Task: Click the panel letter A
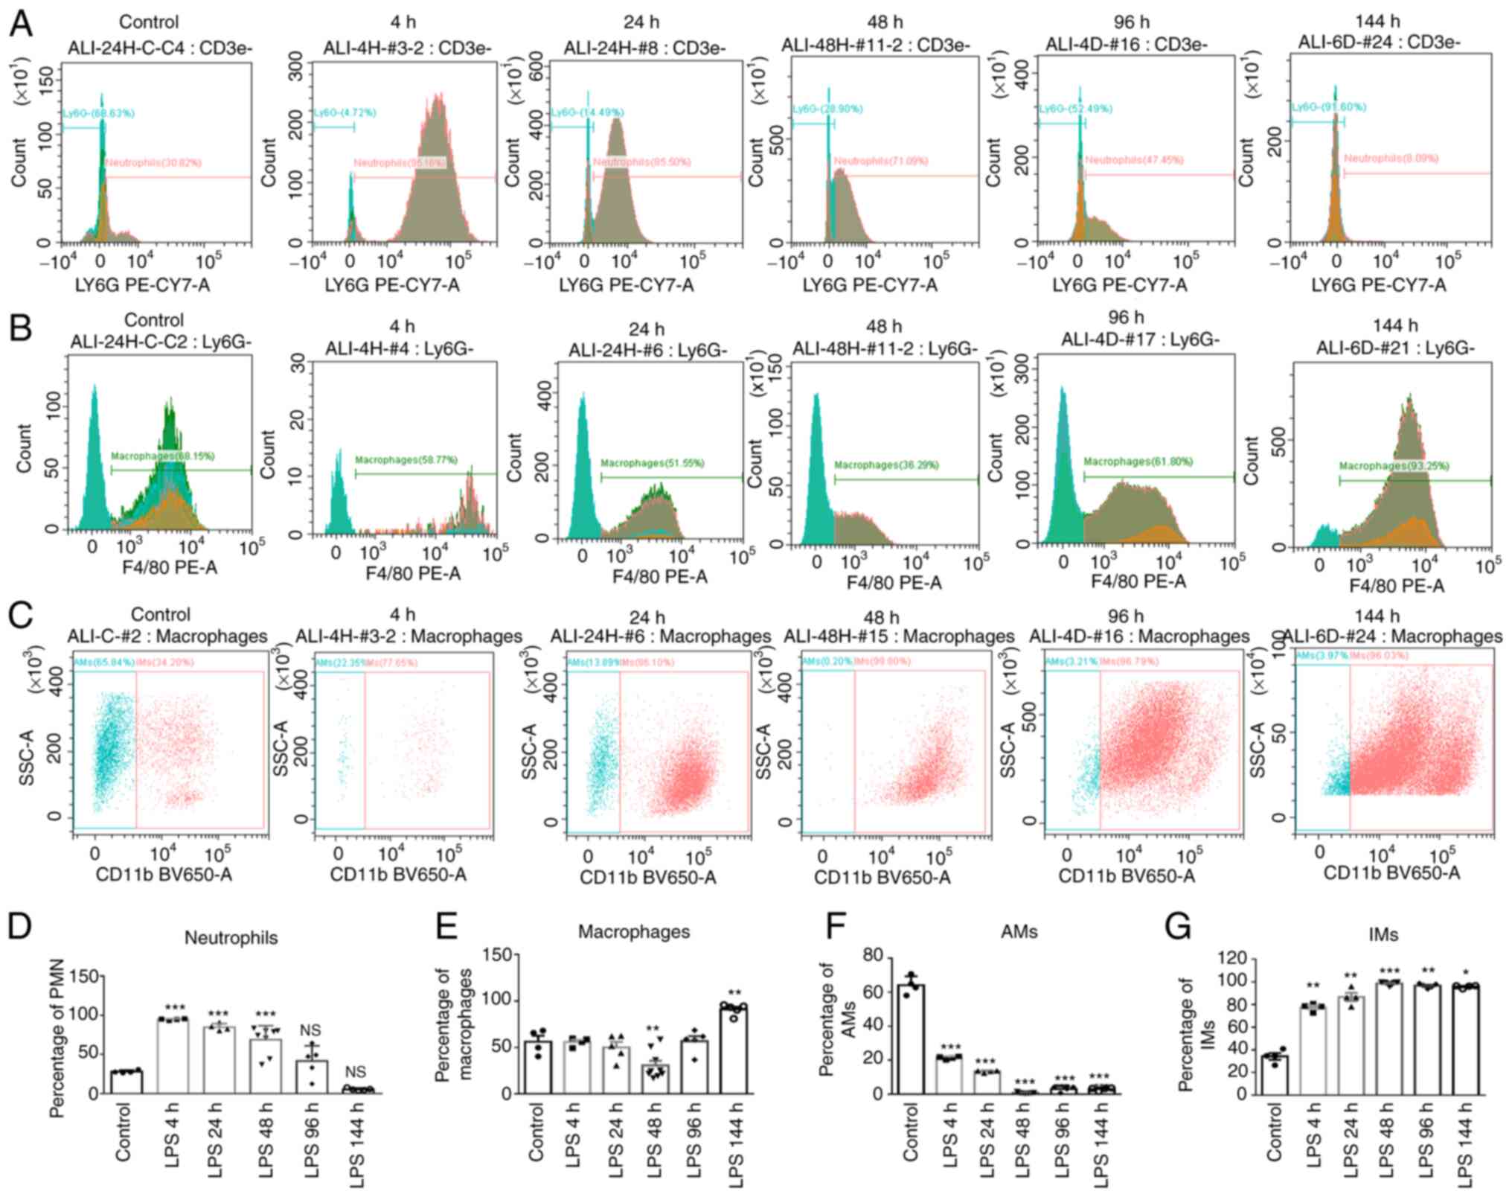[x=21, y=24]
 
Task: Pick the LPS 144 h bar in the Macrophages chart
[x=734, y=1050]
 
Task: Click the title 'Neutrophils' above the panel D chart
[x=231, y=937]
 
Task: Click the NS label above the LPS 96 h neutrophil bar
[x=310, y=1030]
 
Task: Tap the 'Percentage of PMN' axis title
[x=57, y=1036]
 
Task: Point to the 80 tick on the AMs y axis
[x=872, y=956]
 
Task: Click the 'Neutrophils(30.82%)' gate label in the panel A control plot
[x=153, y=162]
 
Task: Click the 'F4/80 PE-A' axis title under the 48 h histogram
[x=894, y=582]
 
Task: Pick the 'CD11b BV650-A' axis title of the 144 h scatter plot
[x=1391, y=872]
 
